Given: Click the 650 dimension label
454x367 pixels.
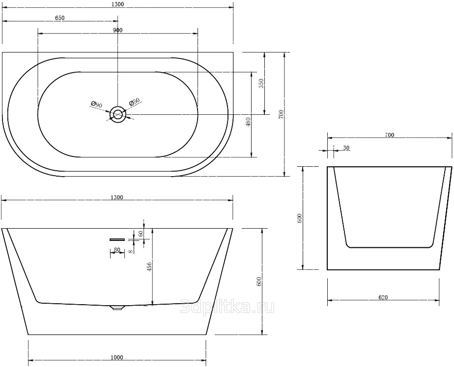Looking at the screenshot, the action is [59, 18].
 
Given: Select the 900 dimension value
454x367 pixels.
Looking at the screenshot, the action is [118, 30].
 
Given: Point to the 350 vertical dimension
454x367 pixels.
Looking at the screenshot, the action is [261, 83].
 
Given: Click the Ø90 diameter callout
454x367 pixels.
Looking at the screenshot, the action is [96, 104].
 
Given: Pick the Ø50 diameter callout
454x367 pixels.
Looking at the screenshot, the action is [134, 102].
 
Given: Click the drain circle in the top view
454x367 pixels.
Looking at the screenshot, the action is [118, 114].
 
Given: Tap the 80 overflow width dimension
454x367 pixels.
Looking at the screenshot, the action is [117, 249].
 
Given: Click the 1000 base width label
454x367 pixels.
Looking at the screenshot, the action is [117, 358].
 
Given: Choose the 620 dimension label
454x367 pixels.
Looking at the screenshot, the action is [383, 297].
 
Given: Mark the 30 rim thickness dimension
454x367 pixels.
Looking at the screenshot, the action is [346, 148].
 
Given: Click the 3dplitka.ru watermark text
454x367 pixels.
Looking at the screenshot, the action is [227, 307].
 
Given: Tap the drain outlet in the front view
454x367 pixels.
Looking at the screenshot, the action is [117, 308].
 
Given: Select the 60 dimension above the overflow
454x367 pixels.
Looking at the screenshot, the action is [141, 234].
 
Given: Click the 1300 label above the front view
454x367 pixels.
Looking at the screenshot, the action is [117, 197].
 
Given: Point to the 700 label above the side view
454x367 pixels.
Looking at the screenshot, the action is [390, 135].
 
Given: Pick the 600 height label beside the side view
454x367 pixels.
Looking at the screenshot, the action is [299, 218].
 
